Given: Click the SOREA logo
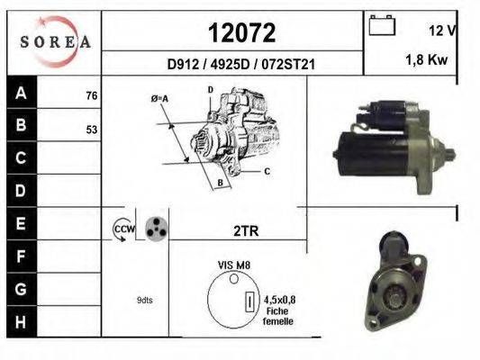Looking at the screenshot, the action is (56, 41).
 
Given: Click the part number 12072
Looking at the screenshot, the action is (242, 33).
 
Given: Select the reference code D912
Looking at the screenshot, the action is (183, 65).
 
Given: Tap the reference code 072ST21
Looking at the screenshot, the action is (288, 65).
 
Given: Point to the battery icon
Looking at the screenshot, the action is (382, 25).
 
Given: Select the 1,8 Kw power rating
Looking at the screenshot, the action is (427, 59).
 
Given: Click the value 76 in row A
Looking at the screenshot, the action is (92, 95).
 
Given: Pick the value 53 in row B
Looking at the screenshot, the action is (92, 130).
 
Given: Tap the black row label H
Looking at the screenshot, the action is (22, 322).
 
